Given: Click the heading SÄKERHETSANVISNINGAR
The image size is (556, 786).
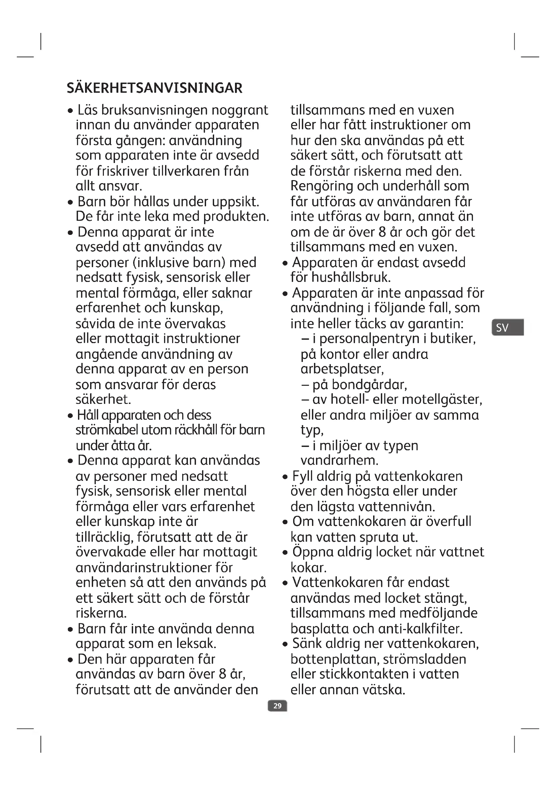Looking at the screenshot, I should [x=154, y=88].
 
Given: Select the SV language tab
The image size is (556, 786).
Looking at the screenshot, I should [x=507, y=328].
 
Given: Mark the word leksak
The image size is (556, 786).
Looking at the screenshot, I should [x=196, y=644].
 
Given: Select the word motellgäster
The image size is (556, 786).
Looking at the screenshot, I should [x=442, y=400].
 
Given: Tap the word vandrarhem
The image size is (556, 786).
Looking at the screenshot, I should [x=339, y=460].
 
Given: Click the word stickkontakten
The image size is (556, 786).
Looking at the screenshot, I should [x=364, y=674].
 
